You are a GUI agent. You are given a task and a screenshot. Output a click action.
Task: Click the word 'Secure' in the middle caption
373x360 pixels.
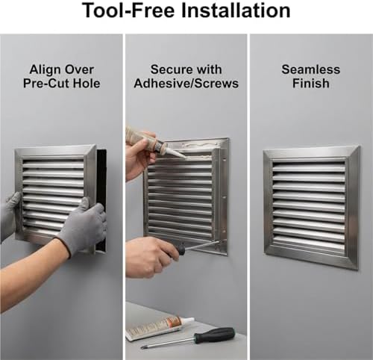[x=171, y=69]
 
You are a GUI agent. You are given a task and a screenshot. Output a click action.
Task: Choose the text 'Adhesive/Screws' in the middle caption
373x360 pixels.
[x=186, y=83]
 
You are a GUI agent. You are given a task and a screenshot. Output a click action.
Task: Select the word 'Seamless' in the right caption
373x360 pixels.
[x=310, y=69]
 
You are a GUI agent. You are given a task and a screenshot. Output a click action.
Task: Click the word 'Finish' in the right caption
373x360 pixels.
[x=310, y=83]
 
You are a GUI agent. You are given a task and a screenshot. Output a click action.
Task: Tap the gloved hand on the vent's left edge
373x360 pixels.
[x=9, y=215]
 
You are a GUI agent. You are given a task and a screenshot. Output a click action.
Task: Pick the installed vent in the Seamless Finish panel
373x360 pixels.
[x=310, y=207]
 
